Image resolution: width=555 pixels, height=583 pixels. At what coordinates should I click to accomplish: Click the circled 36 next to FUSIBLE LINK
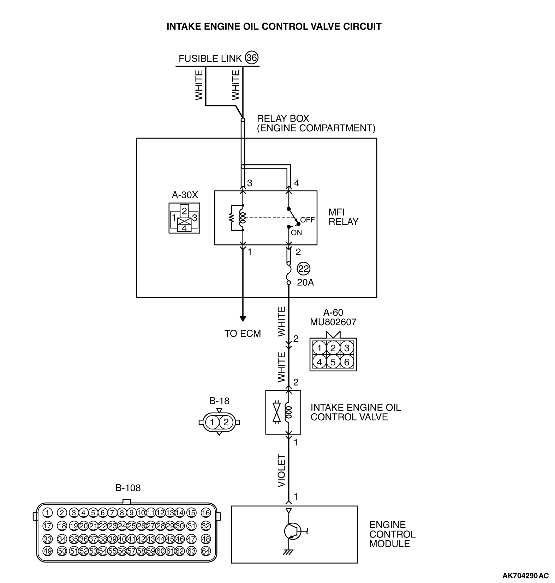[252, 58]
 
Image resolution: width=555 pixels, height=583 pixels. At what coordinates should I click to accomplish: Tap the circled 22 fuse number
[303, 269]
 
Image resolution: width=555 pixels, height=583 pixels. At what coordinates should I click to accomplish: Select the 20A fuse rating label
[305, 283]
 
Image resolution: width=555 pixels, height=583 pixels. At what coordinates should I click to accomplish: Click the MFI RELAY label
[343, 217]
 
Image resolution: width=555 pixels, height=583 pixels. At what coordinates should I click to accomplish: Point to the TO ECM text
[243, 334]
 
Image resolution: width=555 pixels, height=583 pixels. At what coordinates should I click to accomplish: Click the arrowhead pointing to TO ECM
[243, 319]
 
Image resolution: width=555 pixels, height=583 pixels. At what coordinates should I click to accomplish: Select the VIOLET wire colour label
[281, 471]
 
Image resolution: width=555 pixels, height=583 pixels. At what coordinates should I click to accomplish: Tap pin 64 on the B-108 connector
[205, 551]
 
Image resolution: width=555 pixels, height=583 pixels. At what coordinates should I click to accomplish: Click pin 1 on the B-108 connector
[47, 513]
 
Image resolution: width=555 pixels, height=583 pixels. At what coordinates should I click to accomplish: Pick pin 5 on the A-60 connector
[333, 362]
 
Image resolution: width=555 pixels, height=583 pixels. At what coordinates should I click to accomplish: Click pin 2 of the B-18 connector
[226, 422]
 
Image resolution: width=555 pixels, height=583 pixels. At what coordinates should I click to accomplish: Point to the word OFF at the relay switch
[307, 220]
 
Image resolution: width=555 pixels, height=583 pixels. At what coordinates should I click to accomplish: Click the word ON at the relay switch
[297, 233]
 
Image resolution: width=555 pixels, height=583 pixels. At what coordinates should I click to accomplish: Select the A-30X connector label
[185, 195]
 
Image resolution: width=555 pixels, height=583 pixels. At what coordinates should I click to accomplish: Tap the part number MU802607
[333, 322]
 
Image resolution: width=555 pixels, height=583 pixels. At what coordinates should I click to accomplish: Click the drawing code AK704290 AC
[526, 576]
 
